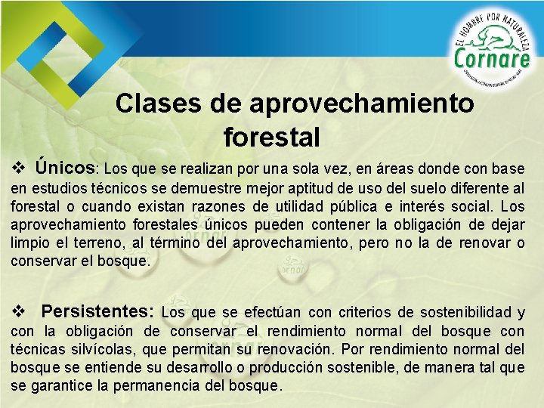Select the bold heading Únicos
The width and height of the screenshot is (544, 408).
[x=65, y=166]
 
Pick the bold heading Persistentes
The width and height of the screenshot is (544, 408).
[x=97, y=311]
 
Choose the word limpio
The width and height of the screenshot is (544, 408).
[x=29, y=243]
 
